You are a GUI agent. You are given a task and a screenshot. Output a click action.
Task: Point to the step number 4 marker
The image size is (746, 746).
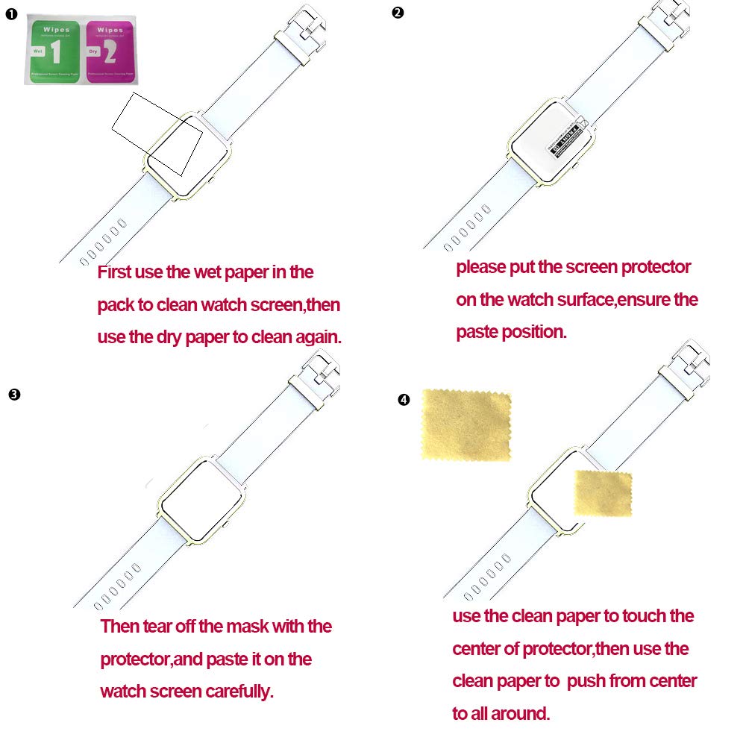(404, 401)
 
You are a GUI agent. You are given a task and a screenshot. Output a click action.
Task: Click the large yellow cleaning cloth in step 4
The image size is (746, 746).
(466, 424)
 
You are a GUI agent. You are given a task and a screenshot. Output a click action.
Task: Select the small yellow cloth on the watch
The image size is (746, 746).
(603, 494)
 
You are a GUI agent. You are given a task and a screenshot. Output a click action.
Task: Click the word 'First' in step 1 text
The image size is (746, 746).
(114, 272)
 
